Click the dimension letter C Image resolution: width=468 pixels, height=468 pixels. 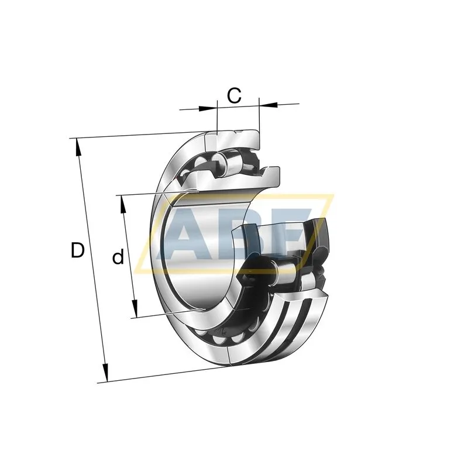[234, 95]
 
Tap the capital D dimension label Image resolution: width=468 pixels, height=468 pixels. [78, 250]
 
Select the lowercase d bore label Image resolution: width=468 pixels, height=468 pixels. [118, 257]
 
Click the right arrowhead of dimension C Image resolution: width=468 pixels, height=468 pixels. [269, 105]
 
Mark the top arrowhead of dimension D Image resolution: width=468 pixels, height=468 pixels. [78, 147]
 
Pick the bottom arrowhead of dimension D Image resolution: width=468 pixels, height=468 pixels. [105, 373]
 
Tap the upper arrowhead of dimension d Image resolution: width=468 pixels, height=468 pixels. [122, 204]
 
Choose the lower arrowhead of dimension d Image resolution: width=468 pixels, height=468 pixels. [135, 309]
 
